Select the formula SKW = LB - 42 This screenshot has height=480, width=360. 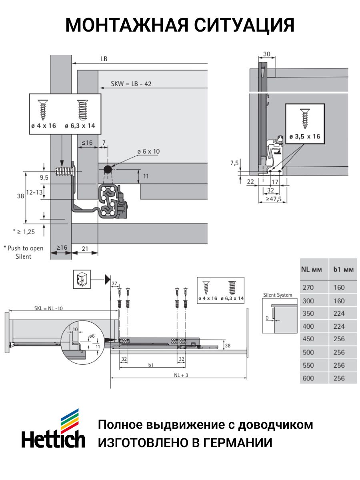131,84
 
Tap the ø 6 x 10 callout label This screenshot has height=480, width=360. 148,152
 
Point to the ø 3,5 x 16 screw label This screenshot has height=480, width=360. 304,136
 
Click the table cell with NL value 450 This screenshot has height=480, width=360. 308,339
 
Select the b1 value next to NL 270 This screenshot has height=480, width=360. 339,287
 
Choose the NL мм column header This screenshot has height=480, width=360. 312,270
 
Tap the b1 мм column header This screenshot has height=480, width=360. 343,270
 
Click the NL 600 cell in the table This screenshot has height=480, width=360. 308,378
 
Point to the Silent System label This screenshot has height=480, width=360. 278,295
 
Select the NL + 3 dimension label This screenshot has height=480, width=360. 181,375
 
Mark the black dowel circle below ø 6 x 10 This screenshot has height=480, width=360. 108,169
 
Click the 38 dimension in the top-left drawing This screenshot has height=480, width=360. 20,196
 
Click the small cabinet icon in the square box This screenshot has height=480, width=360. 82,279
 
